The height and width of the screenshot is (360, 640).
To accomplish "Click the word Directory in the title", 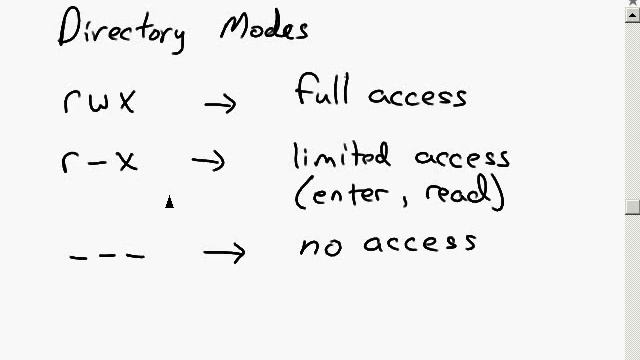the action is (x=122, y=30).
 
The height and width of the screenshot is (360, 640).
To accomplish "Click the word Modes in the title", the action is (x=264, y=26).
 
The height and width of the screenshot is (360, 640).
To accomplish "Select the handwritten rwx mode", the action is (x=99, y=101).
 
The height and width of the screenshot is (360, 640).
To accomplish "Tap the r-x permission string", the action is (x=99, y=162).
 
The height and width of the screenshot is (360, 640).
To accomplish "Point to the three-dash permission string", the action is (x=107, y=257).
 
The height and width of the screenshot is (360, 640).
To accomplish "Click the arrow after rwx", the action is (x=220, y=104).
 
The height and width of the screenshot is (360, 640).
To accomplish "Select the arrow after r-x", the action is (x=208, y=161).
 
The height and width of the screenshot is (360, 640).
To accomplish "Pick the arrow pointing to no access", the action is (x=224, y=253).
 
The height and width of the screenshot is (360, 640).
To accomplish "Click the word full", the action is (x=322, y=89).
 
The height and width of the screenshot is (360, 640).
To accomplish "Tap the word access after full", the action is (x=418, y=97).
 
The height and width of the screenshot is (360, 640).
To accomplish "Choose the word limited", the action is (x=342, y=155).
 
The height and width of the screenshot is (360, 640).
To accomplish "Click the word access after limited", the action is (x=462, y=158).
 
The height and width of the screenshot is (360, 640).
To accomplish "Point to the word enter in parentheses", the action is (x=350, y=193).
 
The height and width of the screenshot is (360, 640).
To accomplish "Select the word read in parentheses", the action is (x=458, y=190).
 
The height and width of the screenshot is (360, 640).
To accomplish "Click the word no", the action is (x=321, y=247).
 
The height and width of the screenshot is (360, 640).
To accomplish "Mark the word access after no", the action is (x=420, y=243).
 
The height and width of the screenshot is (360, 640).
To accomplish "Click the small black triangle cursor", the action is (x=169, y=202).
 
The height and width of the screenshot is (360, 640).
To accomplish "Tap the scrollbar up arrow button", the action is (x=633, y=16).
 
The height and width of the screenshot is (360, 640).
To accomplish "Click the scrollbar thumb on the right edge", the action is (x=633, y=207).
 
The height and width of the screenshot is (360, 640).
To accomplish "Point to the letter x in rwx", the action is (x=127, y=102).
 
